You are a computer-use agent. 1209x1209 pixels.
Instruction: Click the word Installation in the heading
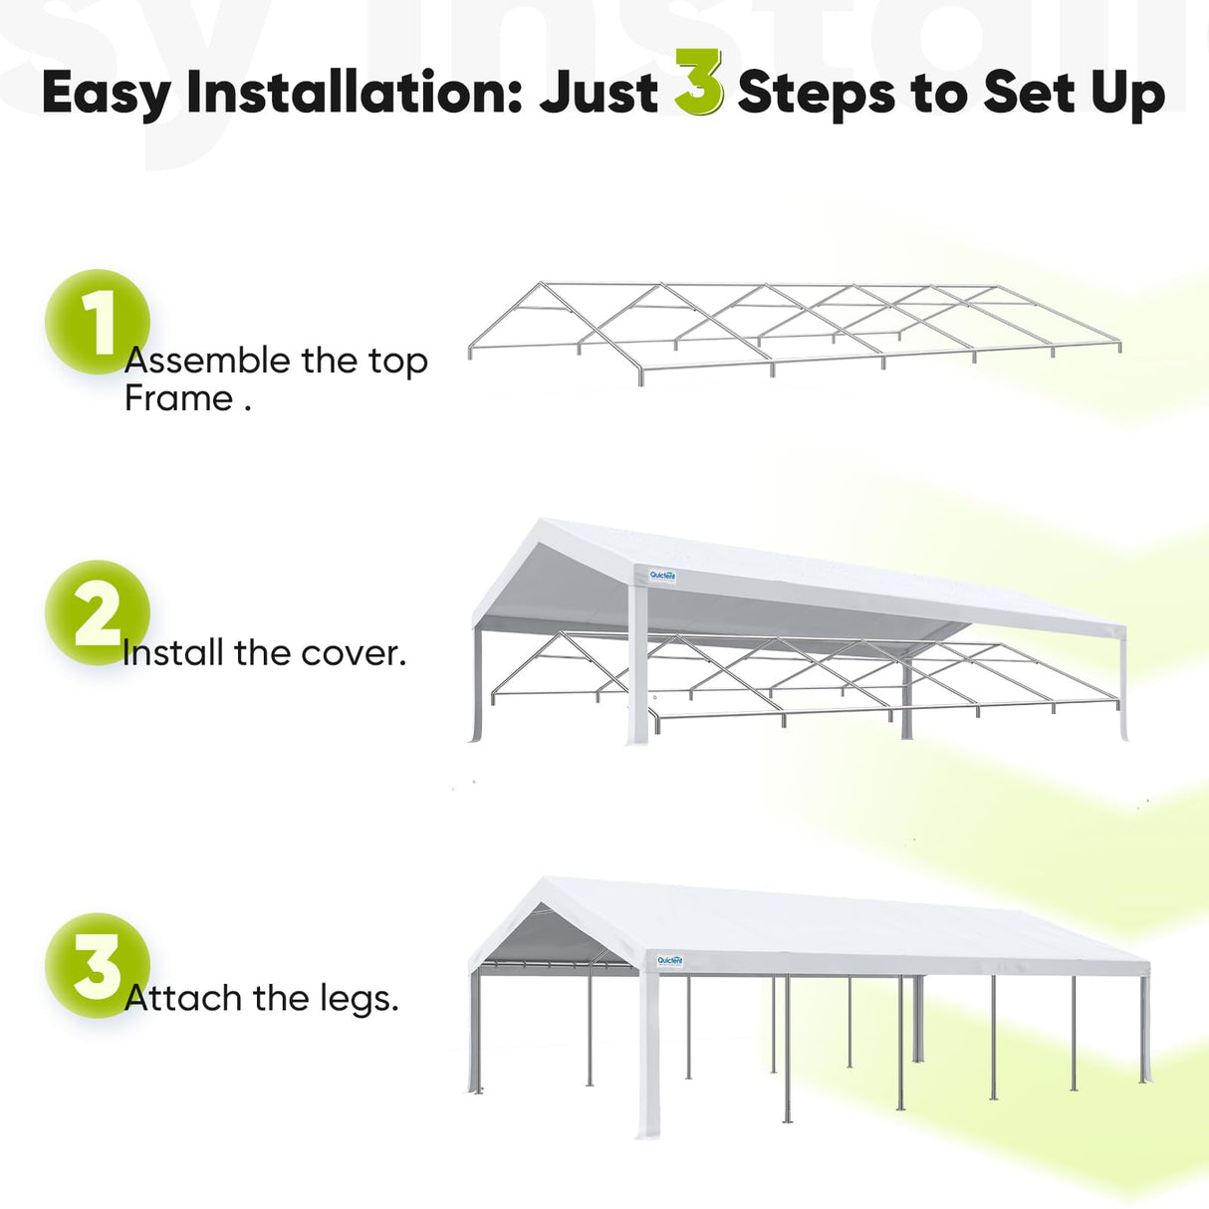[354, 94]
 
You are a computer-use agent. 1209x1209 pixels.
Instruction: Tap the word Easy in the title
[106, 96]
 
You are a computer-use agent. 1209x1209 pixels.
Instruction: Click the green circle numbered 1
[97, 322]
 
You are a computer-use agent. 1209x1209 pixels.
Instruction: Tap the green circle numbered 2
[97, 612]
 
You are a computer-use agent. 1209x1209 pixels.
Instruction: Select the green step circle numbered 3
[97, 965]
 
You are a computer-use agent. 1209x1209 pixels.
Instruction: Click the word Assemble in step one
[207, 361]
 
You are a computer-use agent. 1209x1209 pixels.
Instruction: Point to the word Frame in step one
[178, 398]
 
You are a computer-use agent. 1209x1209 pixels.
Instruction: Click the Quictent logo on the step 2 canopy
[662, 576]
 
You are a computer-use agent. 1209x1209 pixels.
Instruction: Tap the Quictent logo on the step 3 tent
[670, 961]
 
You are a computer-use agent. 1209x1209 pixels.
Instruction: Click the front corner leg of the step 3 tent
[648, 1056]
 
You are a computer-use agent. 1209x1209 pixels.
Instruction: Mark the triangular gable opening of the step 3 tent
[558, 941]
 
